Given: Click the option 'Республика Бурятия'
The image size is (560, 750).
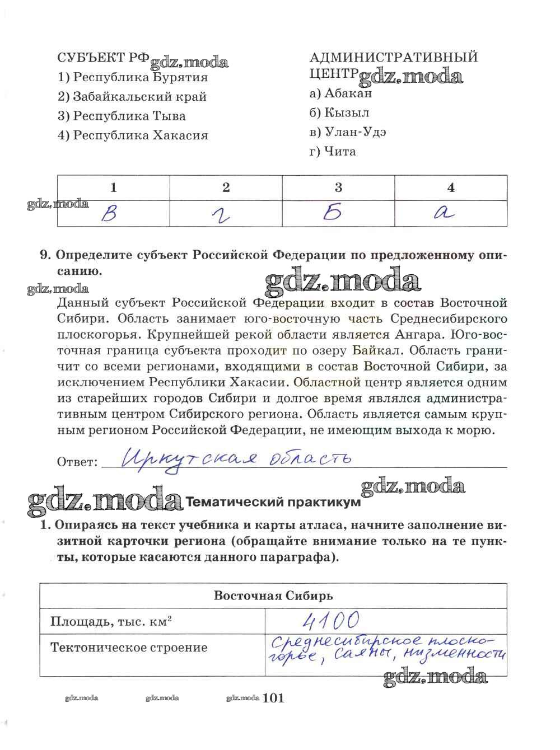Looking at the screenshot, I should pyautogui.click(x=140, y=77).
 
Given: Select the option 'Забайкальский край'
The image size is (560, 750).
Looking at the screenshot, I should pyautogui.click(x=139, y=96).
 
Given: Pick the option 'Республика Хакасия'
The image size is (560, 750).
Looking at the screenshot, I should pyautogui.click(x=140, y=135).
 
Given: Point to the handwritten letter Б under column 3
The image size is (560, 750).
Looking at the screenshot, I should pyautogui.click(x=333, y=213).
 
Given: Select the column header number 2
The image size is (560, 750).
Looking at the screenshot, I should pyautogui.click(x=226, y=187).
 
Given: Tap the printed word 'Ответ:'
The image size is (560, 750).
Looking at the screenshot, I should pyautogui.click(x=77, y=462).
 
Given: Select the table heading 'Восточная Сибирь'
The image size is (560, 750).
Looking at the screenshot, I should pyautogui.click(x=273, y=595).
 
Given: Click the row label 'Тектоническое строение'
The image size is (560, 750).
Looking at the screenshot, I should pyautogui.click(x=129, y=648).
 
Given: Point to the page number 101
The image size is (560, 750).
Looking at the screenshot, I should pyautogui.click(x=273, y=697).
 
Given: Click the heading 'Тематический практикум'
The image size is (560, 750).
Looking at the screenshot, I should pyautogui.click(x=272, y=502).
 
